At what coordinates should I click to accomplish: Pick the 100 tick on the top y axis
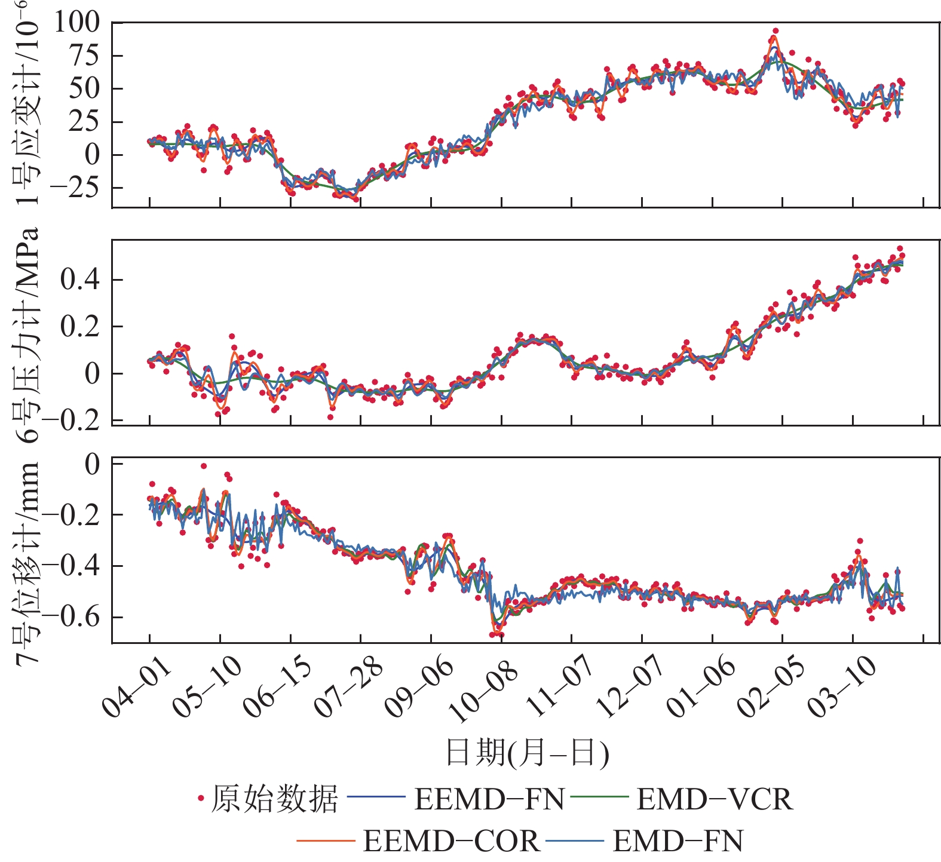77,23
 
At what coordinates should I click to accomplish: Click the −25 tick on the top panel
75,188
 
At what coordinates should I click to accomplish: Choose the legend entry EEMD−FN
489,799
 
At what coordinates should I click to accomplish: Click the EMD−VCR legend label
715,799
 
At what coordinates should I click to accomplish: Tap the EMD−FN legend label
678,842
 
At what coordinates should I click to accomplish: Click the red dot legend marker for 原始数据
201,798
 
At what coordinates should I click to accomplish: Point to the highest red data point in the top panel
776,31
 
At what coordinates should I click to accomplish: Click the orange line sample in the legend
326,842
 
